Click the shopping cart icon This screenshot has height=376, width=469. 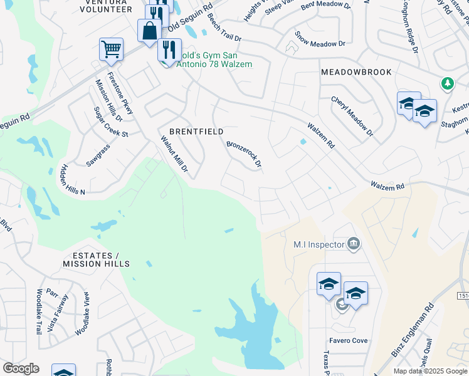click(x=111, y=49)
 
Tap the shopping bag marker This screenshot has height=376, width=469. click(x=150, y=31)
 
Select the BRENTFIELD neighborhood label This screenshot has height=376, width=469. click(x=196, y=132)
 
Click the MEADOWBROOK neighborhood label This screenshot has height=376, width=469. click(x=356, y=72)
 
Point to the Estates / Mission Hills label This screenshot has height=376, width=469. click(x=91, y=259)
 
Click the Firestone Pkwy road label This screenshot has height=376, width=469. click(x=120, y=94)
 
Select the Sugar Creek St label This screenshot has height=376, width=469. click(x=110, y=122)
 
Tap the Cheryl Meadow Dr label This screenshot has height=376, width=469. click(x=352, y=117)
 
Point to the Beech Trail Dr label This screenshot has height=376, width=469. click(x=224, y=27)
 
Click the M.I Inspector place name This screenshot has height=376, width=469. click(x=319, y=244)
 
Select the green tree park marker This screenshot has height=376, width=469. click(x=446, y=83)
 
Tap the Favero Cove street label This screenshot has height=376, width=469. click(x=349, y=341)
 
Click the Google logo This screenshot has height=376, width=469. click(x=21, y=368)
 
